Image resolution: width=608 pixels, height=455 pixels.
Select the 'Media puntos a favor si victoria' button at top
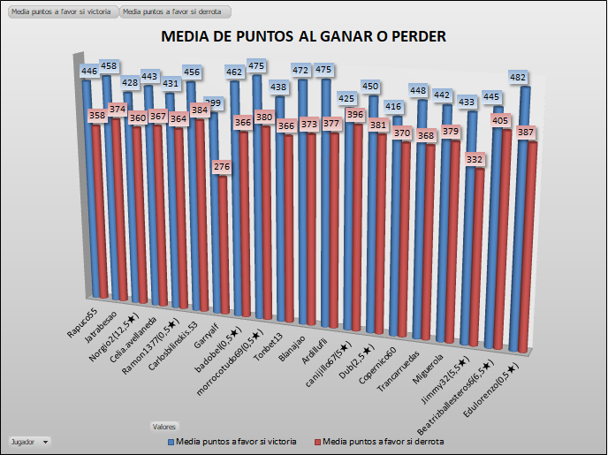[62, 12]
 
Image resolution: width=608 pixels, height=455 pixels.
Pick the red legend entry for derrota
[380, 440]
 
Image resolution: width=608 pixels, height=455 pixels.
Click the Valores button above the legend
[164, 425]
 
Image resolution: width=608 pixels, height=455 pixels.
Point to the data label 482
[519, 79]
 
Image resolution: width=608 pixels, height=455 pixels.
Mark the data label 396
[356, 115]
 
